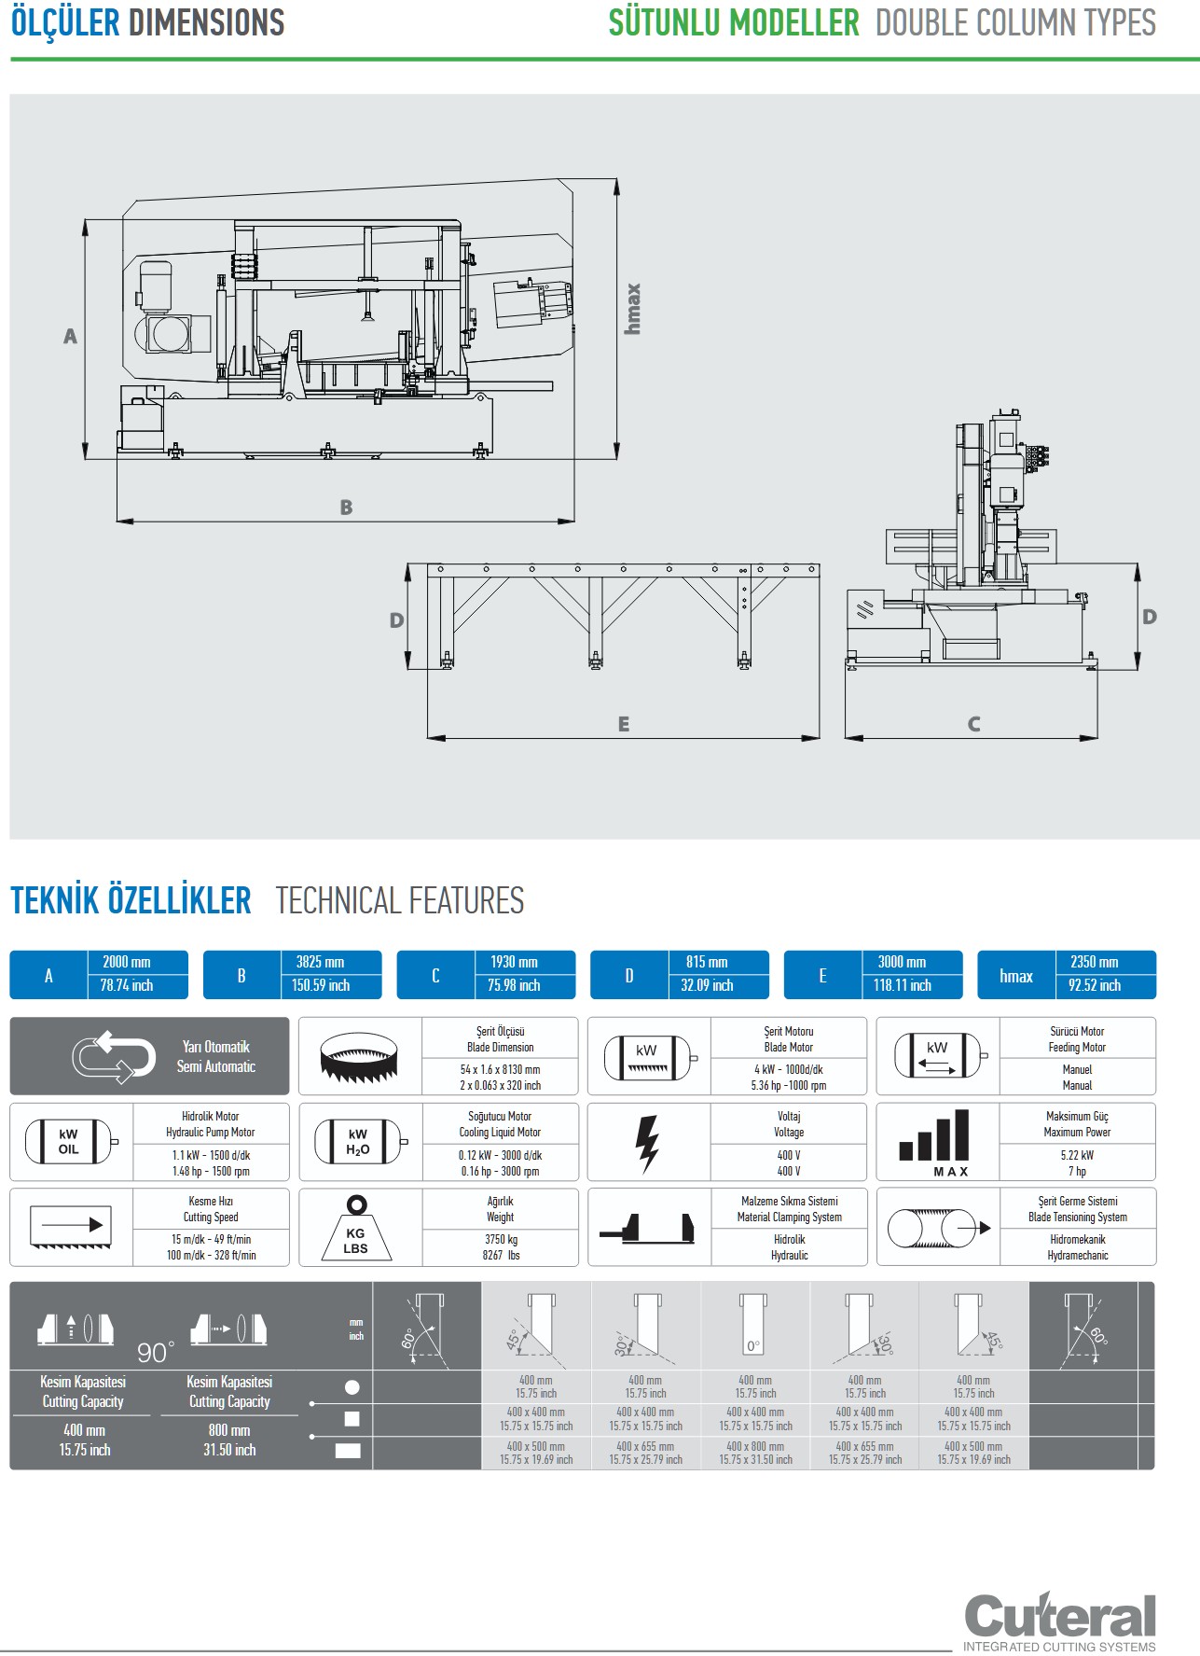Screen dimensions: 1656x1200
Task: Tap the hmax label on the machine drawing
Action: coord(633,309)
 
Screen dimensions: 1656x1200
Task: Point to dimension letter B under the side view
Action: coord(346,508)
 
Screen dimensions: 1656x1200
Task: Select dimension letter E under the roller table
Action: coord(624,724)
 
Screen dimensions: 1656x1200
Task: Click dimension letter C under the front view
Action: coord(973,724)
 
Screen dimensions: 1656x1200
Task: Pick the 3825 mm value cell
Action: coord(321,962)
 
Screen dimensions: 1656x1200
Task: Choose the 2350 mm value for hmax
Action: coord(1095,962)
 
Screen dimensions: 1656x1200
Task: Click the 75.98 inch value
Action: coord(514,985)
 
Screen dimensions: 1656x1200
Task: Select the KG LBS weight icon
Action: coord(356,1229)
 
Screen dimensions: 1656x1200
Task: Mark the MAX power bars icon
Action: coord(935,1143)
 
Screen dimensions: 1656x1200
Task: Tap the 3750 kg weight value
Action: coord(501,1240)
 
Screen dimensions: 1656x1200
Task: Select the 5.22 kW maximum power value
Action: coord(1077,1155)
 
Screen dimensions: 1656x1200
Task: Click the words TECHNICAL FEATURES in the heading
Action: coord(400,901)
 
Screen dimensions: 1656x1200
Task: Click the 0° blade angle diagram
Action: coord(753,1325)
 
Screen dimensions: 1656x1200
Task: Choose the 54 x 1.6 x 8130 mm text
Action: coord(500,1070)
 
